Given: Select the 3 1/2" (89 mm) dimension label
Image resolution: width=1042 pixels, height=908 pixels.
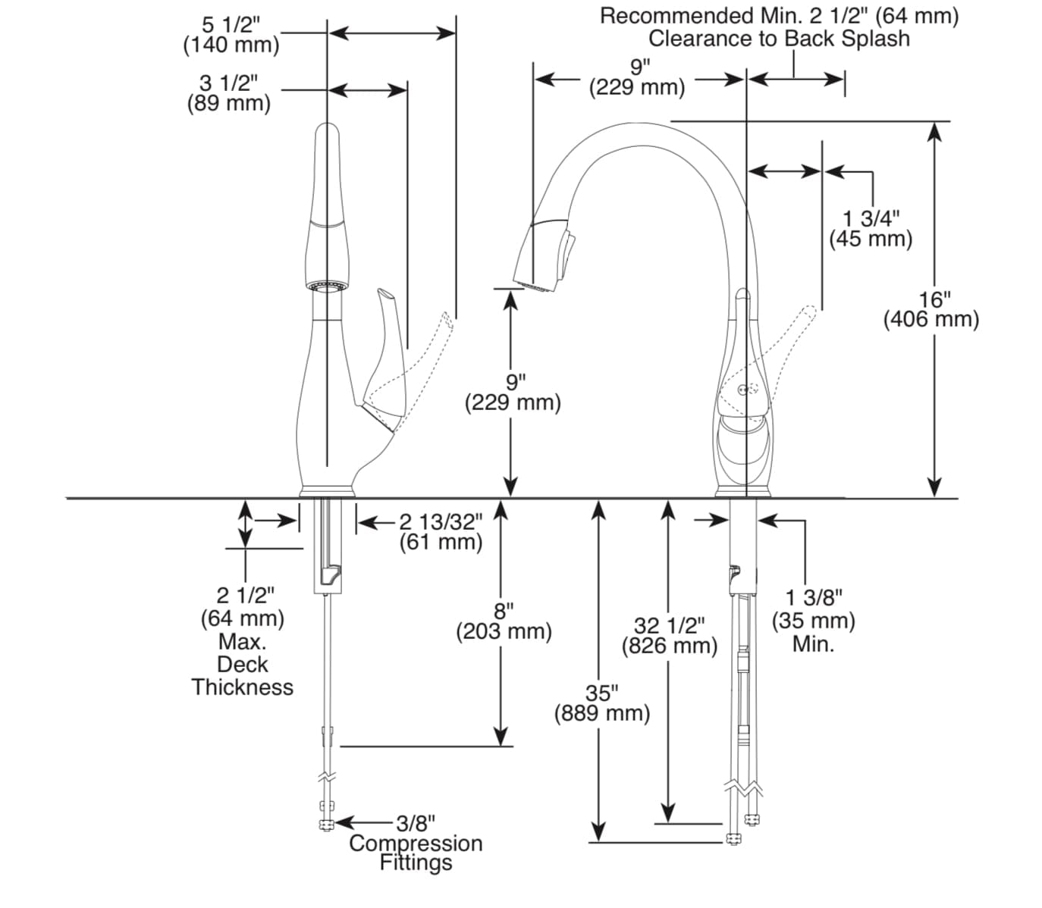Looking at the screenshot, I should [228, 92].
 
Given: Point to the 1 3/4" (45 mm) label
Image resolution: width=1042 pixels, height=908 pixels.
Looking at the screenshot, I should [870, 229].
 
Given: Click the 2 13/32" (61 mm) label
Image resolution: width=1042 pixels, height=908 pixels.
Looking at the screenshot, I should [441, 531].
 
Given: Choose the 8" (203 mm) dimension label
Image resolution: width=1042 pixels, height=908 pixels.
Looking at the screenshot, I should [504, 621].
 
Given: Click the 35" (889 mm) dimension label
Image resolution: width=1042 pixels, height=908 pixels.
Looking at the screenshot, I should [602, 703].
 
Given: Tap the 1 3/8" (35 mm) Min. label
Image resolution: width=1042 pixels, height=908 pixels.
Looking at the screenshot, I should [813, 622].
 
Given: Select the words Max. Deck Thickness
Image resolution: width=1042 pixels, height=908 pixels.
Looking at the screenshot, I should [242, 665].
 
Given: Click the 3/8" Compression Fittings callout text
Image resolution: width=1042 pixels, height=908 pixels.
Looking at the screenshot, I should [416, 842].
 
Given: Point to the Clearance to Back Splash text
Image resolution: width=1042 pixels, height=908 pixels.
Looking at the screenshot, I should [779, 38].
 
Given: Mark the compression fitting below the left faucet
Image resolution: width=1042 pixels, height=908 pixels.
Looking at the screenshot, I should [327, 824].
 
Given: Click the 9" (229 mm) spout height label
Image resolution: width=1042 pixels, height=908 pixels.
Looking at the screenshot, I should [513, 391].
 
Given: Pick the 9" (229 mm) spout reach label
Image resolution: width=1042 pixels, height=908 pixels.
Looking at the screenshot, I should [637, 77].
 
